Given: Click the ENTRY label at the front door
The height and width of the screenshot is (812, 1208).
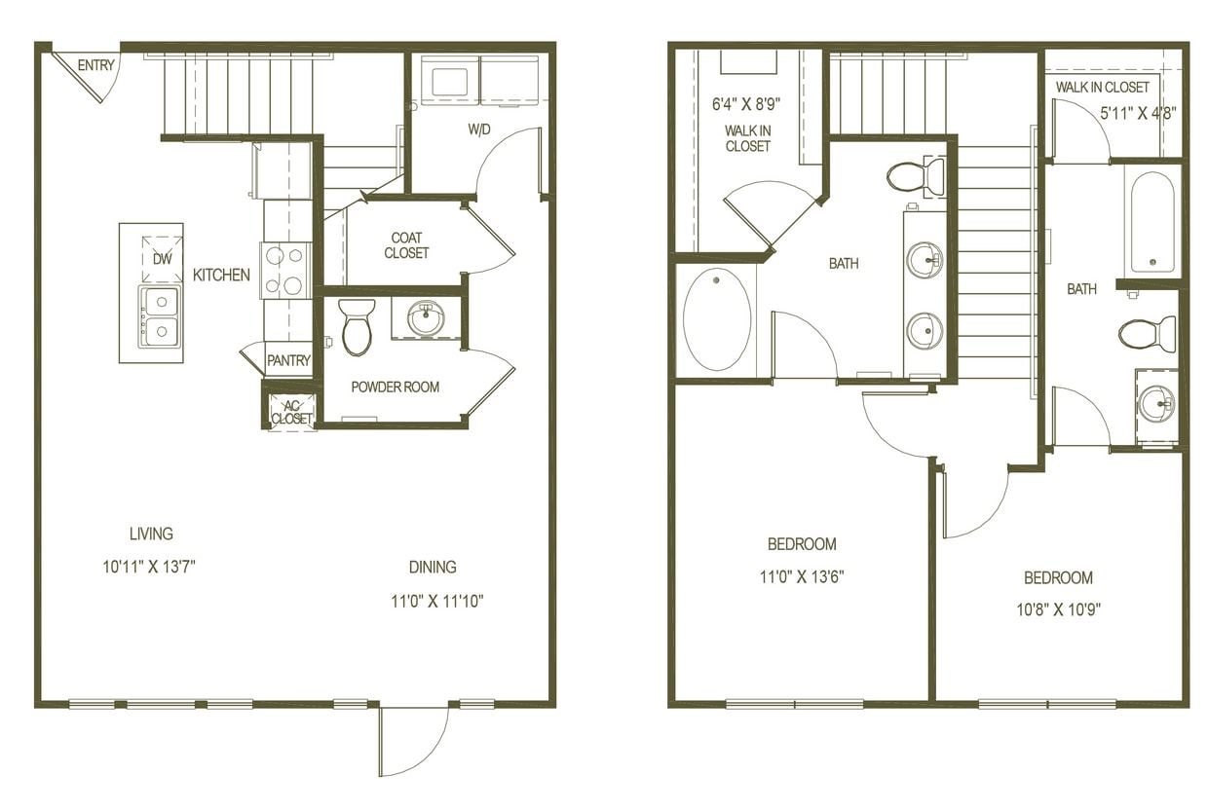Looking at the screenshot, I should [x=96, y=66].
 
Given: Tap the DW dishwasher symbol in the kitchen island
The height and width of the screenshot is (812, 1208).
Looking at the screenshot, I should [x=163, y=259].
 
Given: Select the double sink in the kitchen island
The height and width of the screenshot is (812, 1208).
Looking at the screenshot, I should [x=160, y=315].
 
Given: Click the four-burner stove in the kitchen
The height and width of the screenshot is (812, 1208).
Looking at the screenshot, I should [x=284, y=271].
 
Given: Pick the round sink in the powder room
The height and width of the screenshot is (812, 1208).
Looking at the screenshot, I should [x=426, y=317].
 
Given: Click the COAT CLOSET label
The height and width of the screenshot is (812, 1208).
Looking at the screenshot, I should [x=406, y=245].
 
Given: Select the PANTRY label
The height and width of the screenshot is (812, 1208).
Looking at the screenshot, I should [x=289, y=360].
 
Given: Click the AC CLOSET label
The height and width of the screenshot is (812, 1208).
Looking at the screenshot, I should [x=291, y=412].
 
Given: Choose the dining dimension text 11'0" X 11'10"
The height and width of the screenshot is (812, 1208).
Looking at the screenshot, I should [x=437, y=601].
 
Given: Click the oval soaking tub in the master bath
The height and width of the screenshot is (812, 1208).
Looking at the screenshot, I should [x=717, y=318].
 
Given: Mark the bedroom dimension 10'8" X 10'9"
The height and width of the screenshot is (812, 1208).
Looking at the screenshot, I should [x=1058, y=610].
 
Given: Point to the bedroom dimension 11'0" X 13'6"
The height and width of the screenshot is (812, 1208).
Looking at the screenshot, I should [x=802, y=576].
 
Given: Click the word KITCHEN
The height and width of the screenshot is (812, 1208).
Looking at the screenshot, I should [x=221, y=276].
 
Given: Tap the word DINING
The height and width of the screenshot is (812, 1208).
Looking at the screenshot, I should [x=433, y=567].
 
